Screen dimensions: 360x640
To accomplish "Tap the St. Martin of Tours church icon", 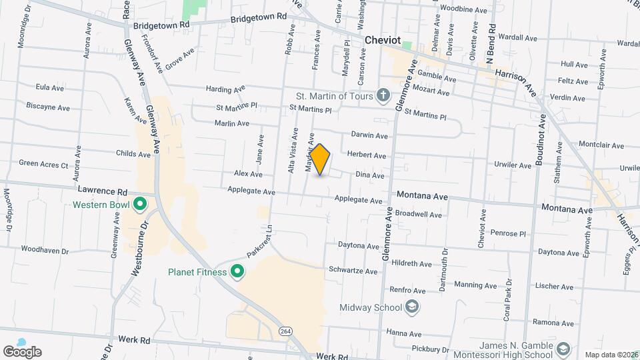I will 383,96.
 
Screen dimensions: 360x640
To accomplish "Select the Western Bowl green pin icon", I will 140,204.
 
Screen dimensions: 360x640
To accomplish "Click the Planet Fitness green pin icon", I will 237,271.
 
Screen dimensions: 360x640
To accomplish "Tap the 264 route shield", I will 286,331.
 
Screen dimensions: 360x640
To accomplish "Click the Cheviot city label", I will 383,41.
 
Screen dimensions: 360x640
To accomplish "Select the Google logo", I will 22,351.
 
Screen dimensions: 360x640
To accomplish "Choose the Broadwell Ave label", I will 419,215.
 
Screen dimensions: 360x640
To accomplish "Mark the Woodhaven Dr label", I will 45,251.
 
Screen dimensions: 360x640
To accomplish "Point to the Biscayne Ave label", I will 45,106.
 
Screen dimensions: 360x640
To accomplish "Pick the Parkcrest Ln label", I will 260,243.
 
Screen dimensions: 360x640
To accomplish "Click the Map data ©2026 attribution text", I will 610,355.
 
